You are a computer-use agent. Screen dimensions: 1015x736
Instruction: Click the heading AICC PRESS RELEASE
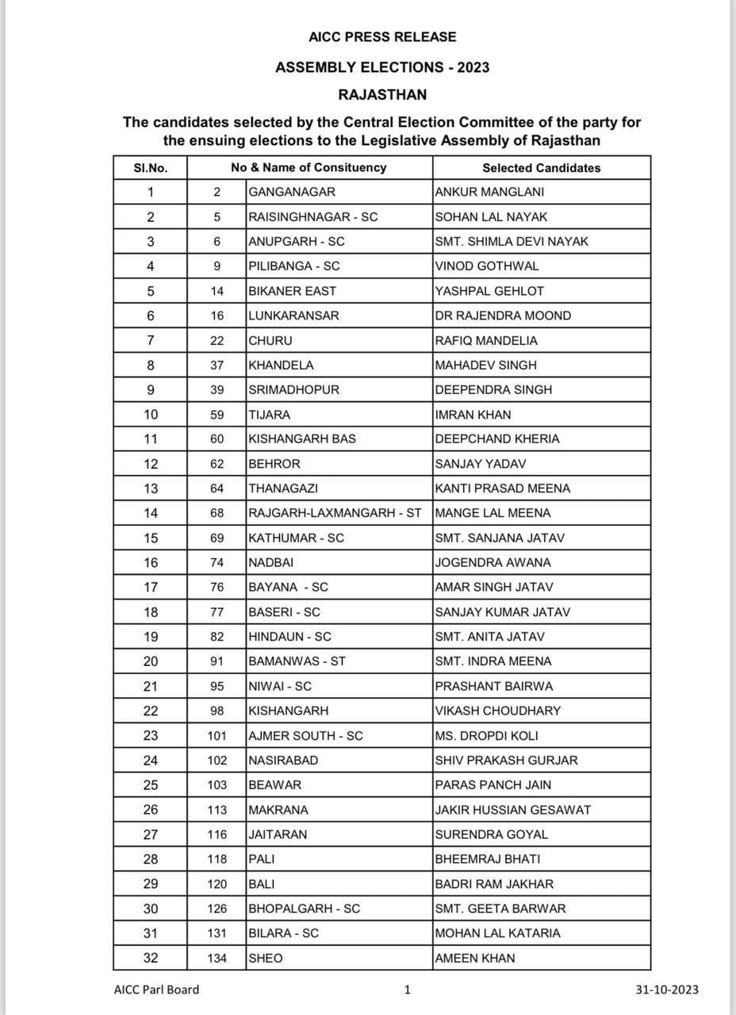pyautogui.click(x=381, y=36)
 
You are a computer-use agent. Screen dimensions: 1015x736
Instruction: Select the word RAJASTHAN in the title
pyautogui.click(x=381, y=94)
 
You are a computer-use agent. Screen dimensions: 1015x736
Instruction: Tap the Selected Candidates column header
pyautogui.click(x=541, y=167)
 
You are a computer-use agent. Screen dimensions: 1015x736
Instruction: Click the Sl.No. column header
pyautogui.click(x=151, y=167)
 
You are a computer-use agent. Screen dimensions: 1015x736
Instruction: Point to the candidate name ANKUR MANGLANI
pyautogui.click(x=489, y=192)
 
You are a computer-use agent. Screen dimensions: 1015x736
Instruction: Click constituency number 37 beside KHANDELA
pyautogui.click(x=217, y=365)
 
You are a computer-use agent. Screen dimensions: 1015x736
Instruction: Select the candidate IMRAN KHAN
pyautogui.click(x=473, y=415)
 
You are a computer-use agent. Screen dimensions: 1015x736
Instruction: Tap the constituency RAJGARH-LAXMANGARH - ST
pyautogui.click(x=335, y=513)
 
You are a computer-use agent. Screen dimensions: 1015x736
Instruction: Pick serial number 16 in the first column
pyautogui.click(x=151, y=562)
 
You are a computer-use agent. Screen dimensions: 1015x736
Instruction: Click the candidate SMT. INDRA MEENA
pyautogui.click(x=493, y=661)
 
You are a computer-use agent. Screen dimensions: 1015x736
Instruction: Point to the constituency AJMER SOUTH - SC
pyautogui.click(x=305, y=735)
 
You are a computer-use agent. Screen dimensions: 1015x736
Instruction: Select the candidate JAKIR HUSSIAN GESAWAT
pyautogui.click(x=512, y=810)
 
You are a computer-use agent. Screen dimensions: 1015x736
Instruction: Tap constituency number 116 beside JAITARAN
pyautogui.click(x=217, y=834)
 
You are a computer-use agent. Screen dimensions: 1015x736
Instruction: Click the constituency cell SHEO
pyautogui.click(x=265, y=958)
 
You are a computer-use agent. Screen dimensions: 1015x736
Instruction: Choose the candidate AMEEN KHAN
pyautogui.click(x=475, y=958)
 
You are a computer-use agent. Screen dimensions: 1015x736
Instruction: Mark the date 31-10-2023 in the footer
pyautogui.click(x=667, y=989)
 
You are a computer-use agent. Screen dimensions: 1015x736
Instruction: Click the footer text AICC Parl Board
pyautogui.click(x=156, y=989)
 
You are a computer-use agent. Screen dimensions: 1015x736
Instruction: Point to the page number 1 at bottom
pyautogui.click(x=407, y=989)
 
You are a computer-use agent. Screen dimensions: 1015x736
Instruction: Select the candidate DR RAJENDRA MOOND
pyautogui.click(x=503, y=316)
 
